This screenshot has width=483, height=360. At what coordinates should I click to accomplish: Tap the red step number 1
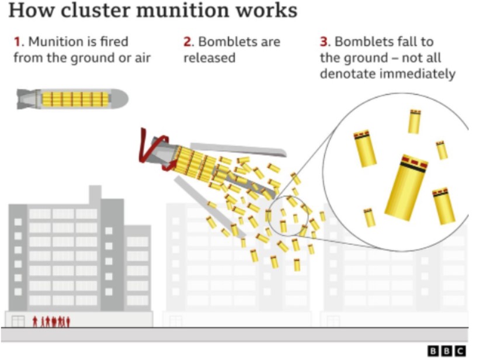click(18, 42)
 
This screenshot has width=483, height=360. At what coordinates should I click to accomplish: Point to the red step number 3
click(324, 42)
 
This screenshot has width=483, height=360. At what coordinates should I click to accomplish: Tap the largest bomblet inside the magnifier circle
click(406, 186)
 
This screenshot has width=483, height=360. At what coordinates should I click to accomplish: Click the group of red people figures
click(51, 321)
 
